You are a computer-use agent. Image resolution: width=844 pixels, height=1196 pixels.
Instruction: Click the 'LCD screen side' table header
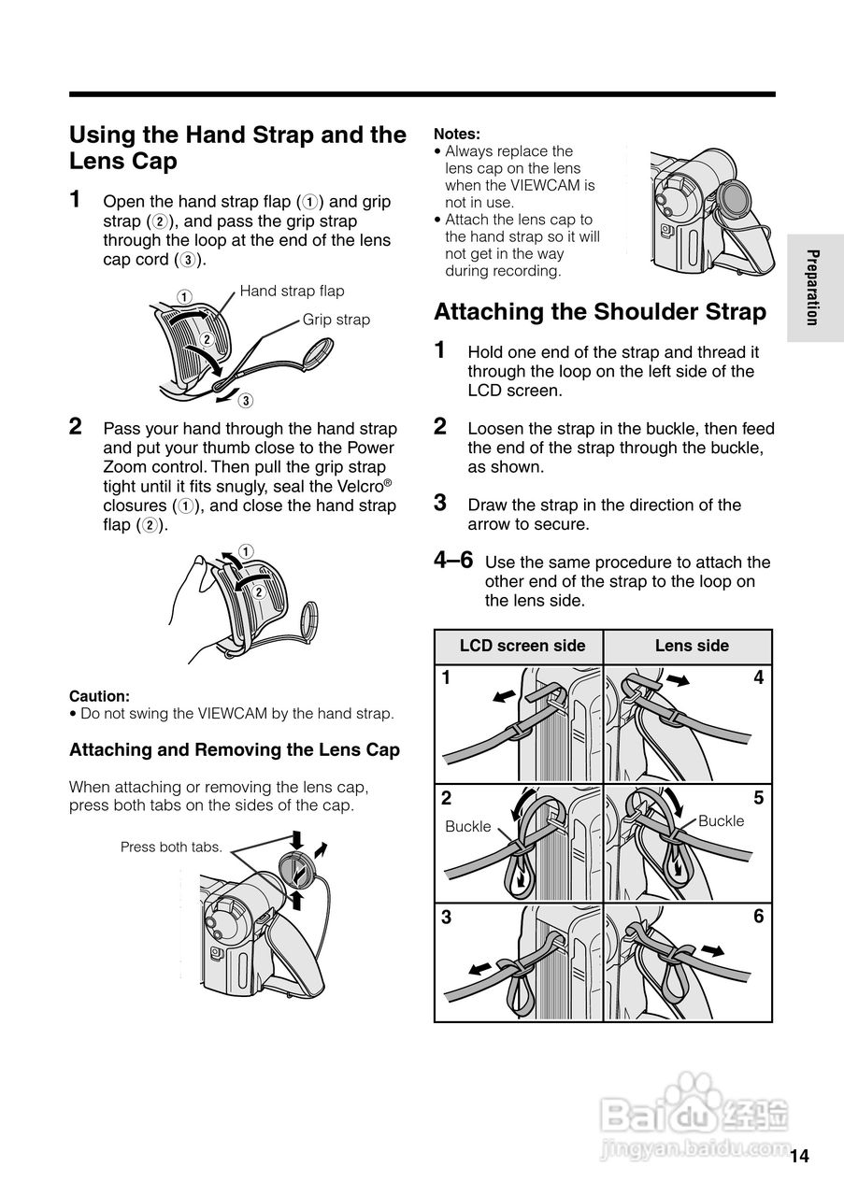tap(522, 646)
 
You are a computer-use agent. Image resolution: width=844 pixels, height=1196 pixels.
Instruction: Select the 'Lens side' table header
tap(691, 646)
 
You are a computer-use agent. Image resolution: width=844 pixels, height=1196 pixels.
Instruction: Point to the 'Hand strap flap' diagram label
tap(292, 291)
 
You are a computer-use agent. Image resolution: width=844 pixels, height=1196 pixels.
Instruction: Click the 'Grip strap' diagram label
tap(336, 320)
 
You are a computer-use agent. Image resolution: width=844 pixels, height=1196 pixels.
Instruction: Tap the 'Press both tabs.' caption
tap(171, 847)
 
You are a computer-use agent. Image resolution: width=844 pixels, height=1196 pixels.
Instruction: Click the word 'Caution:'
tap(99, 696)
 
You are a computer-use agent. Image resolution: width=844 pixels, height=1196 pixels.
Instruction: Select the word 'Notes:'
tap(457, 134)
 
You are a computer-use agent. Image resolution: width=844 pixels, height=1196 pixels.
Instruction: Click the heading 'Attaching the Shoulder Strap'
tap(600, 311)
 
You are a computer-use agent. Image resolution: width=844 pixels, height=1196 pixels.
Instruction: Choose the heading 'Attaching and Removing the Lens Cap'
tap(235, 750)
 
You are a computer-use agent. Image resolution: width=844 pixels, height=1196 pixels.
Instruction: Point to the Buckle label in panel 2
tap(467, 827)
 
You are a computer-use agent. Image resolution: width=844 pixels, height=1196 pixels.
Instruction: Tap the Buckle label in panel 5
tap(722, 820)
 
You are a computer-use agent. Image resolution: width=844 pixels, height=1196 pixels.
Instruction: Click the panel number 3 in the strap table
tap(447, 918)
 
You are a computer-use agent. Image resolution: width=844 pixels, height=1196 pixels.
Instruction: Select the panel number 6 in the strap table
tap(758, 918)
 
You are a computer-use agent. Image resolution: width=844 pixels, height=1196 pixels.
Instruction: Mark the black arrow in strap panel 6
tap(713, 951)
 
